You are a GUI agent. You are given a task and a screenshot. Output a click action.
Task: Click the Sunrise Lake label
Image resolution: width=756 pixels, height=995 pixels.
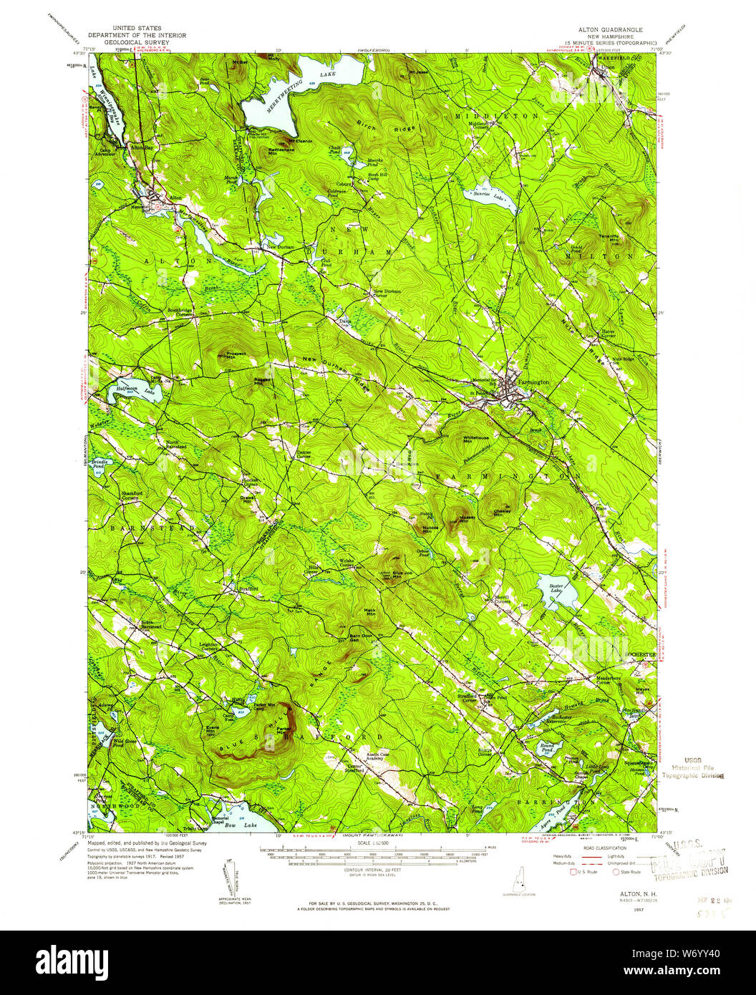(x=485, y=194)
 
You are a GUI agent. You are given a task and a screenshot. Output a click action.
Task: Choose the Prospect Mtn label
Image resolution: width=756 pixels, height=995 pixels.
(x=236, y=355)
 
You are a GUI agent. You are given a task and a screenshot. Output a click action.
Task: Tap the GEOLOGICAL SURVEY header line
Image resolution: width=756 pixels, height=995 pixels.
(x=136, y=42)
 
